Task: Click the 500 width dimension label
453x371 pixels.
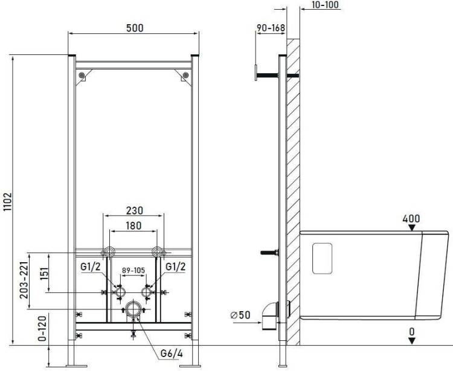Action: click(135, 28)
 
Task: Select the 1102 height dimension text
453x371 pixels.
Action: click(7, 202)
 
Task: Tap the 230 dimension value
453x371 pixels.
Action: click(135, 211)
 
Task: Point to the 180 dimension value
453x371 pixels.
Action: click(133, 225)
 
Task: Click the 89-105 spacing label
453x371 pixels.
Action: click(133, 271)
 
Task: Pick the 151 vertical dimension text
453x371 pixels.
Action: click(44, 273)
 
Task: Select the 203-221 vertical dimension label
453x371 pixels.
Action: click(24, 280)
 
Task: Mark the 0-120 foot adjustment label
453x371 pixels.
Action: click(42, 329)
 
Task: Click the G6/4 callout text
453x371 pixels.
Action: click(172, 353)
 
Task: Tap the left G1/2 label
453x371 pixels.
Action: click(91, 266)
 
